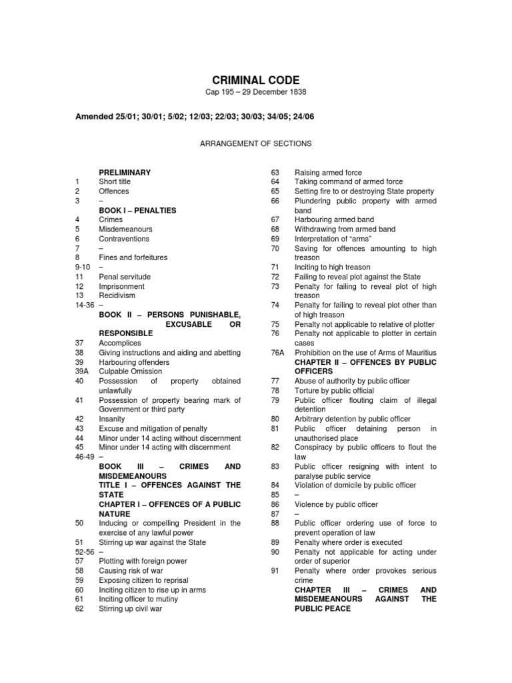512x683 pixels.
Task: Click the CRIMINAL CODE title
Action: point(255,80)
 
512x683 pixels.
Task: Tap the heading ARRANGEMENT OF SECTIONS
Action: point(256,143)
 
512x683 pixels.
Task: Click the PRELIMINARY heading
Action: point(125,172)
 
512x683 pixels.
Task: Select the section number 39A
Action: point(83,372)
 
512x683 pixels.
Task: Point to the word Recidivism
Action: point(119,295)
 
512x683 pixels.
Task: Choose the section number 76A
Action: point(278,352)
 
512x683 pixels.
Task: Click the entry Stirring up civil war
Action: point(131,608)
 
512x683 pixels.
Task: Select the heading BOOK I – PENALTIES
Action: point(137,210)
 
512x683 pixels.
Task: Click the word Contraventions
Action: point(124,239)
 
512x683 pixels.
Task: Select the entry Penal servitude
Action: point(125,276)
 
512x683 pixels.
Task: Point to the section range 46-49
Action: point(85,457)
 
